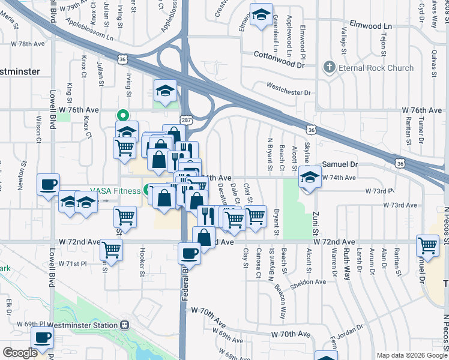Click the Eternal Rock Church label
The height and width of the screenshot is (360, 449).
click(x=375, y=68)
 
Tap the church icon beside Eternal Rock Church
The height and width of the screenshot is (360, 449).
click(x=328, y=67)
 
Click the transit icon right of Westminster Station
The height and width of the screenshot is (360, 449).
click(x=125, y=325)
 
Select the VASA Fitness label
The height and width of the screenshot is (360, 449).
click(x=116, y=191)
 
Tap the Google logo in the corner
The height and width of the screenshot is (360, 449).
click(x=20, y=353)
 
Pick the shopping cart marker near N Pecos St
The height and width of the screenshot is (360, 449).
click(x=427, y=245)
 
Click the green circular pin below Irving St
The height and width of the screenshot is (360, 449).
click(x=123, y=115)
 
